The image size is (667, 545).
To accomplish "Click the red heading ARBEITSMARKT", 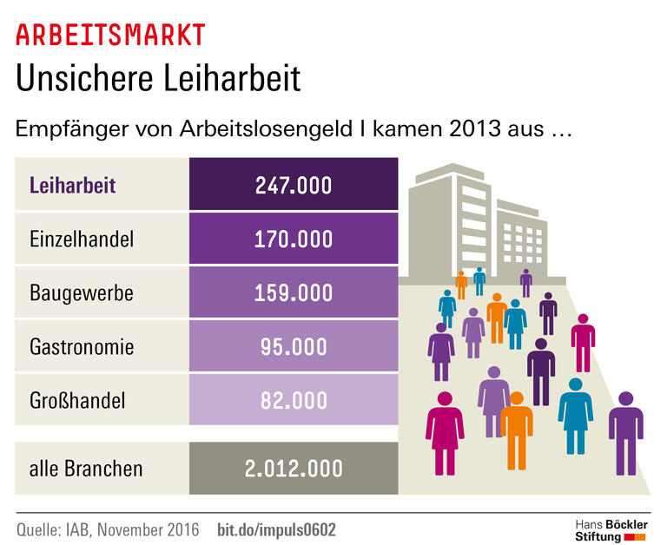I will point(110,35).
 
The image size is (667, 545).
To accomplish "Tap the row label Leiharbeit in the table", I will point(72,185).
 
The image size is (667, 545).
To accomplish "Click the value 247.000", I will point(293,185).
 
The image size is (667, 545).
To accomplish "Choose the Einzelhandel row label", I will point(82,239).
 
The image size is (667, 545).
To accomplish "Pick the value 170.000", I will point(293,239).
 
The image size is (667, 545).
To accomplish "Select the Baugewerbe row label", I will point(82,292).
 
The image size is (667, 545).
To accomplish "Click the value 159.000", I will point(293,292).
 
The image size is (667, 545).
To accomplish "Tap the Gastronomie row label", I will point(82,347).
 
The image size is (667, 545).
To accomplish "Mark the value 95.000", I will point(293,347).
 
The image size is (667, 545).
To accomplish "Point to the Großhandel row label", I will point(77,400).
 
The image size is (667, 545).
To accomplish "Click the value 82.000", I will point(293,400).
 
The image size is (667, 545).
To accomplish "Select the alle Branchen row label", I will point(86,469).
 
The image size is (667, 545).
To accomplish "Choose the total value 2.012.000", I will point(293,469).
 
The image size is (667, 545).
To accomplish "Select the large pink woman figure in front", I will point(445,430).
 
